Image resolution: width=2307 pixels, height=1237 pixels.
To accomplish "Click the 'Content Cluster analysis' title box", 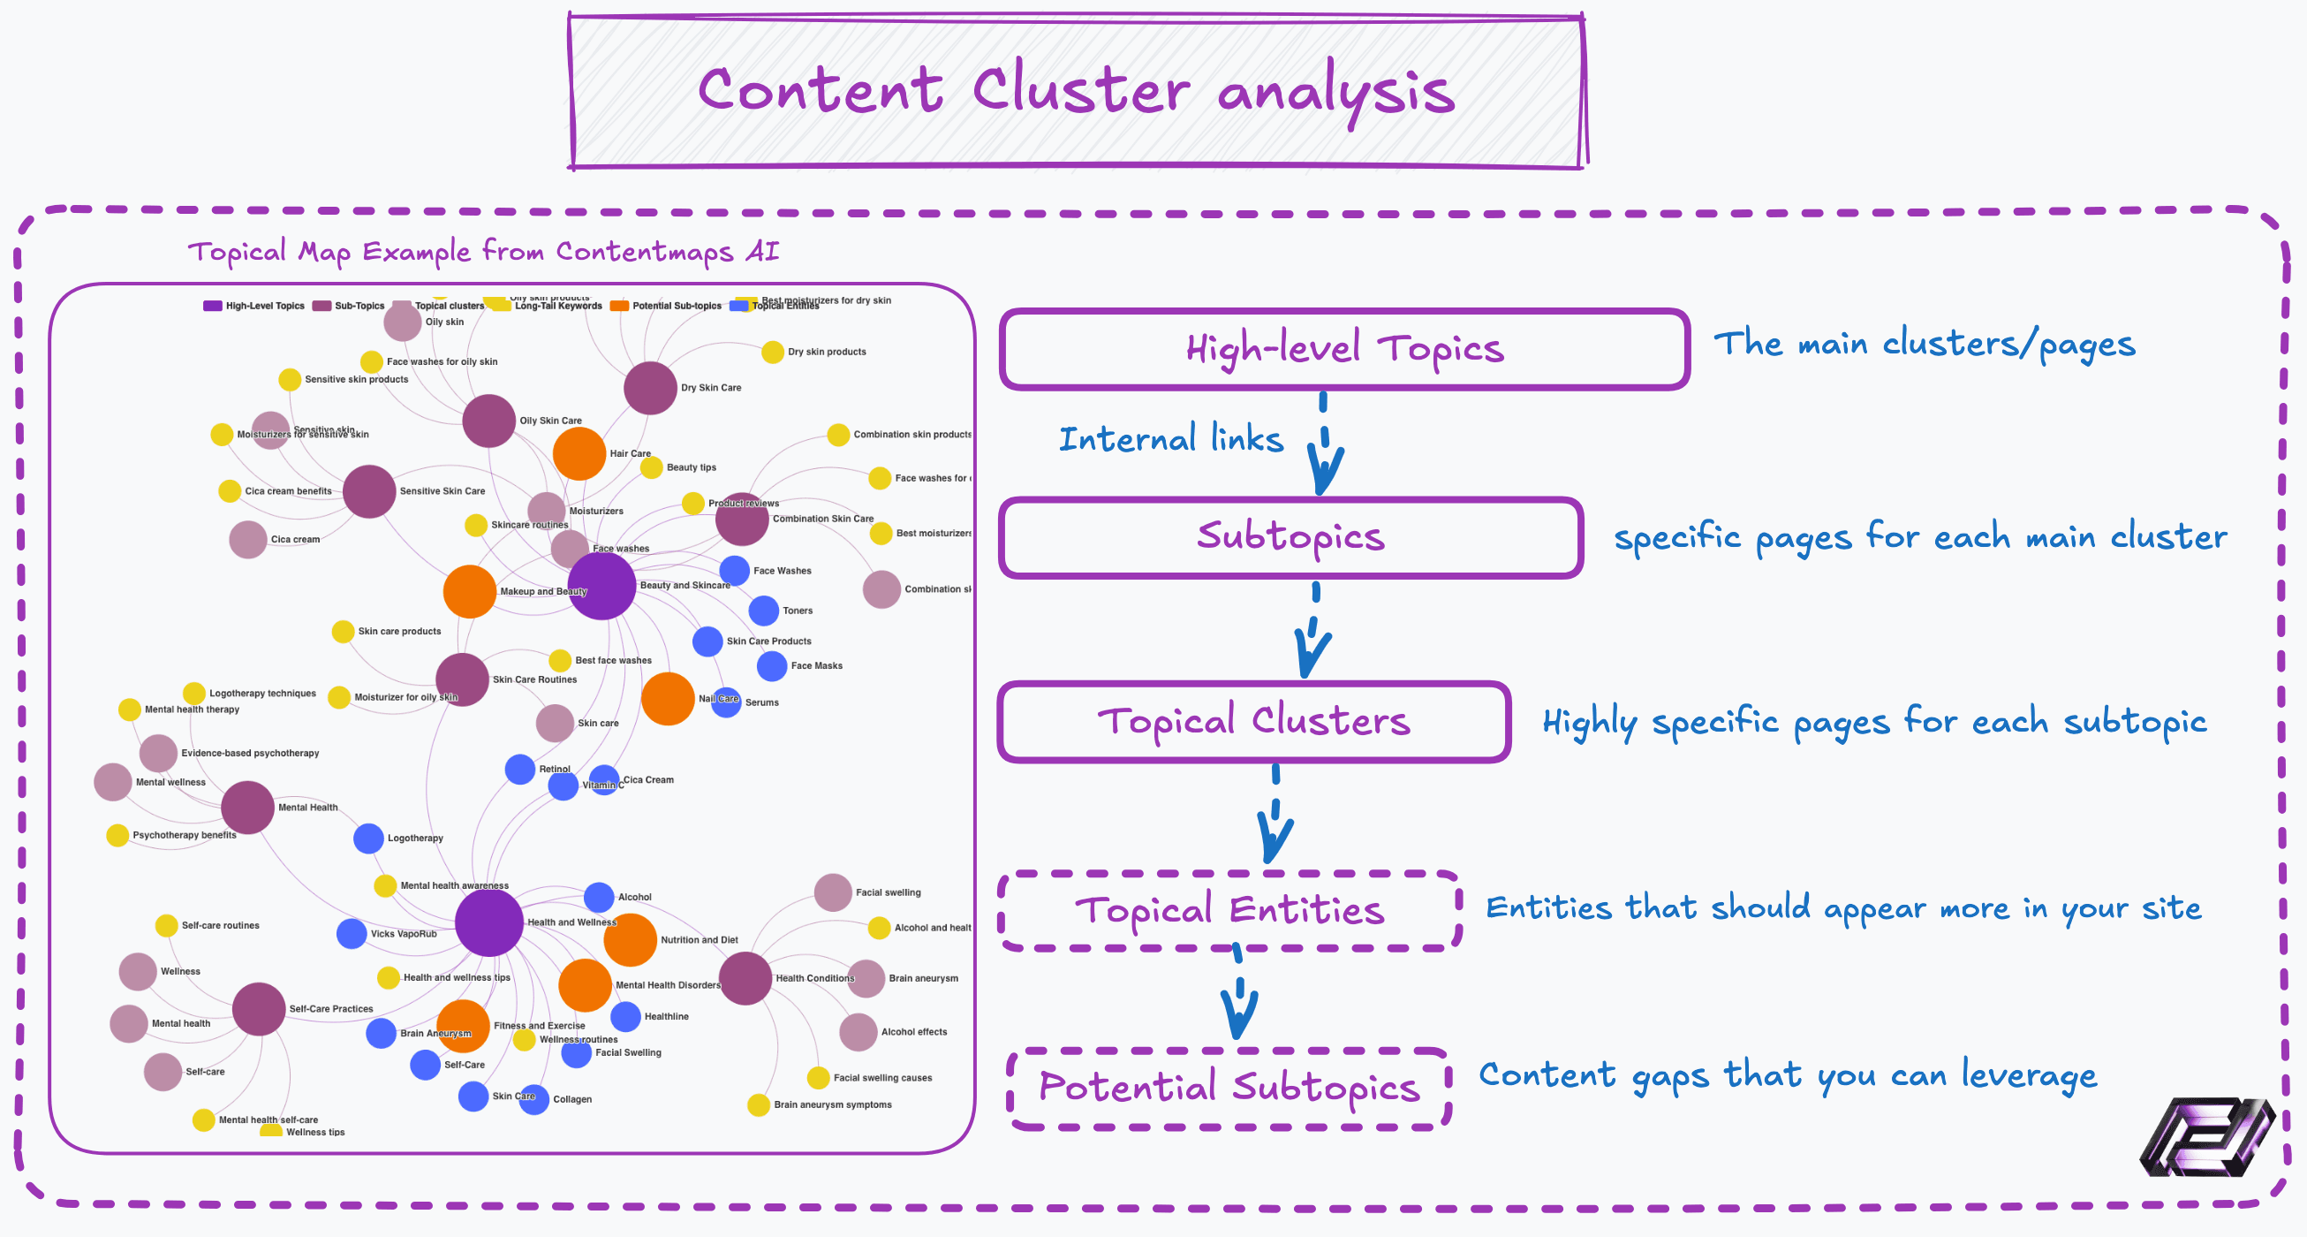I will (x=1077, y=91).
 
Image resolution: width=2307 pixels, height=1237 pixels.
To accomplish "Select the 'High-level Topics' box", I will (x=1343, y=349).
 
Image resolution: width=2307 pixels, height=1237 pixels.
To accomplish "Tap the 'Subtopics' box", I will (x=1290, y=537).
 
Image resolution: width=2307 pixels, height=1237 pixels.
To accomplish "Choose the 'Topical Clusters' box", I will (x=1254, y=722).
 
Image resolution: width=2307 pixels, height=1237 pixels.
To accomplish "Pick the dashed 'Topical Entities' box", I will (x=1229, y=911).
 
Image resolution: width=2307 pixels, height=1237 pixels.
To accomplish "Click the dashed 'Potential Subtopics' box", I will (x=1229, y=1089).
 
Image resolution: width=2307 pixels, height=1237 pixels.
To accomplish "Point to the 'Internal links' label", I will (x=1170, y=440).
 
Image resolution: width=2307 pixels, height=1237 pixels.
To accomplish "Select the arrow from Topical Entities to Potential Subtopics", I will (x=1239, y=998).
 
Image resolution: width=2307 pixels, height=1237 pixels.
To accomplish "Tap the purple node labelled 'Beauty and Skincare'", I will (x=601, y=586).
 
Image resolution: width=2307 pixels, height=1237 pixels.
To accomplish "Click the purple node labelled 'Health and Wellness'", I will (x=489, y=922).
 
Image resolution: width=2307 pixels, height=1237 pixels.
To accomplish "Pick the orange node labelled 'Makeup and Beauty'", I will (x=469, y=591).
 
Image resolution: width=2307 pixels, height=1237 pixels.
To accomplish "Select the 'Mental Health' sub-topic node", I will (x=247, y=807).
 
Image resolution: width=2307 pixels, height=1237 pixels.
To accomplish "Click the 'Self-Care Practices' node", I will (x=259, y=1008).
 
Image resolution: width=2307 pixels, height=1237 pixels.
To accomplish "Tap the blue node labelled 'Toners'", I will (x=764, y=611).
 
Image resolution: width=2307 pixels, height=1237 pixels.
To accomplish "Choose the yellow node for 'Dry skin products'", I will (x=773, y=352).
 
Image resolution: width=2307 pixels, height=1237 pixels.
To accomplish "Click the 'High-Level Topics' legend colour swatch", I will (x=212, y=306).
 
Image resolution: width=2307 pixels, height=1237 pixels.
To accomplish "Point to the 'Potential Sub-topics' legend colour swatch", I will (x=619, y=306).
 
